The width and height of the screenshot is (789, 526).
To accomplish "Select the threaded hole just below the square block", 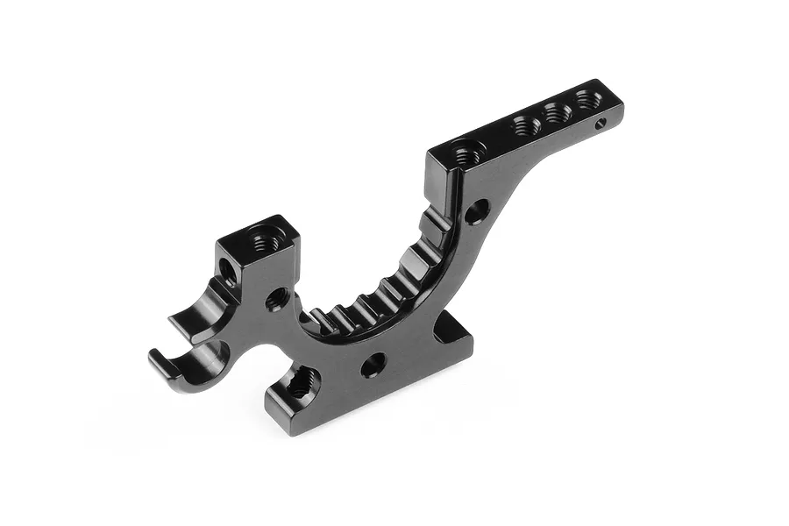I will point(276,299).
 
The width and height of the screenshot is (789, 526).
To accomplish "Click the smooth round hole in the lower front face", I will point(372,363).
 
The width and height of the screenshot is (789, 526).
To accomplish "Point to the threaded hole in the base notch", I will point(302,381).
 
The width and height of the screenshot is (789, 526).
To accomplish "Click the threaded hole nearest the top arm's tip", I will point(588,97).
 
